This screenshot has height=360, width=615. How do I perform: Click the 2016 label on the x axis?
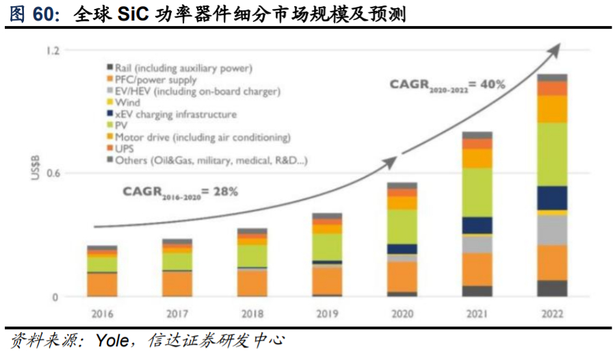pyautogui.click(x=101, y=314)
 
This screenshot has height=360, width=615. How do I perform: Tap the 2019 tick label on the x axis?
pyautogui.click(x=327, y=314)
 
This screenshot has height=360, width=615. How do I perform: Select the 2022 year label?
pyautogui.click(x=552, y=314)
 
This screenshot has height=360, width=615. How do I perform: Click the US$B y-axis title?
pyautogui.click(x=35, y=168)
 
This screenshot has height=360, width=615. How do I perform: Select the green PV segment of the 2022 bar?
pyautogui.click(x=552, y=154)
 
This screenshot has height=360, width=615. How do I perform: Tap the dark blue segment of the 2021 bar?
pyautogui.click(x=477, y=225)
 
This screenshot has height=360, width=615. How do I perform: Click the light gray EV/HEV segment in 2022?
pyautogui.click(x=552, y=231)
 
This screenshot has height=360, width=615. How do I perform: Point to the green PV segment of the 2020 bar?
pyautogui.click(x=402, y=227)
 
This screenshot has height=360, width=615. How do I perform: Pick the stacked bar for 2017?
pyautogui.click(x=176, y=268)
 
